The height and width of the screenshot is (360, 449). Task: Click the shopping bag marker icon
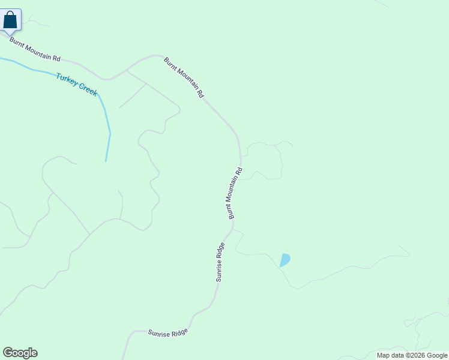coord(11,20)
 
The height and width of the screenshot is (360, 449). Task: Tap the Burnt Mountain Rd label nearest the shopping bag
coord(35,50)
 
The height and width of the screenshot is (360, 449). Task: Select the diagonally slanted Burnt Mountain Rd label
coord(184,77)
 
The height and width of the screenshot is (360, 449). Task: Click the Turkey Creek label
coord(76,84)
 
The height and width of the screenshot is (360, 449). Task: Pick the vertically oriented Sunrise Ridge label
coord(220,262)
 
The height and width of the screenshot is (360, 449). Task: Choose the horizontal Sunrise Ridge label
coord(168,332)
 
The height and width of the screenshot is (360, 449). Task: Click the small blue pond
coord(285,260)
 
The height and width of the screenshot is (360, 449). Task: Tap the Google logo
coord(20,353)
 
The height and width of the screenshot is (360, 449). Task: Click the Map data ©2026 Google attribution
coord(412,355)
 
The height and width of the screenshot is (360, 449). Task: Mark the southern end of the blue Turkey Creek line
coord(106,161)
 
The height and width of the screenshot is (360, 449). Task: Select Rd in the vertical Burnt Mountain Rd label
coord(239,171)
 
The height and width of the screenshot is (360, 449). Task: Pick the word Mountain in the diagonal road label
coord(185,77)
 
